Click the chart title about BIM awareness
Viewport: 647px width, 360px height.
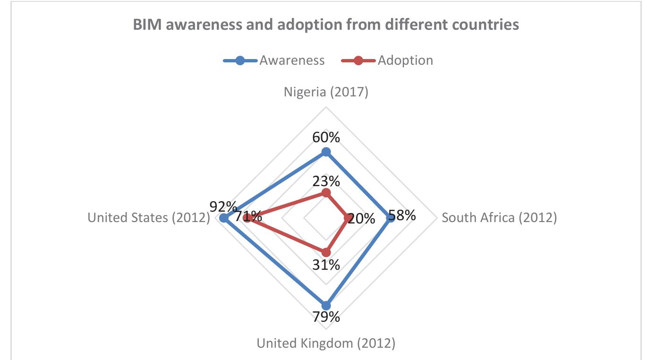[325, 25]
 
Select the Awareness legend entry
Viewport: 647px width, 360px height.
[274, 60]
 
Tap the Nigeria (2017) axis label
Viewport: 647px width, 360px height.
[326, 92]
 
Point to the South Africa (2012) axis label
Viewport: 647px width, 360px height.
[499, 218]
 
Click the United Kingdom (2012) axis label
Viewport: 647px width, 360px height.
[326, 343]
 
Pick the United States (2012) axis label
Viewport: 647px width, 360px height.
[149, 218]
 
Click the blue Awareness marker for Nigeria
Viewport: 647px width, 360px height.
[326, 152]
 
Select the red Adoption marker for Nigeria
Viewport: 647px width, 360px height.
[326, 193]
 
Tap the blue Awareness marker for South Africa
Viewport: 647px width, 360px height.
[390, 218]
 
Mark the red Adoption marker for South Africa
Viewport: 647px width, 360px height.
[348, 218]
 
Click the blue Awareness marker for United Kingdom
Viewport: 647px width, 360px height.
[326, 305]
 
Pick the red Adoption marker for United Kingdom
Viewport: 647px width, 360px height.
[326, 252]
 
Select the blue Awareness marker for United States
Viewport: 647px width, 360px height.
[224, 218]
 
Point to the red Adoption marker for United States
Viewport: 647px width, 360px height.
[247, 218]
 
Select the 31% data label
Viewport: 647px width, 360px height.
[326, 265]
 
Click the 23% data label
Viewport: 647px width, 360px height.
[326, 181]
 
